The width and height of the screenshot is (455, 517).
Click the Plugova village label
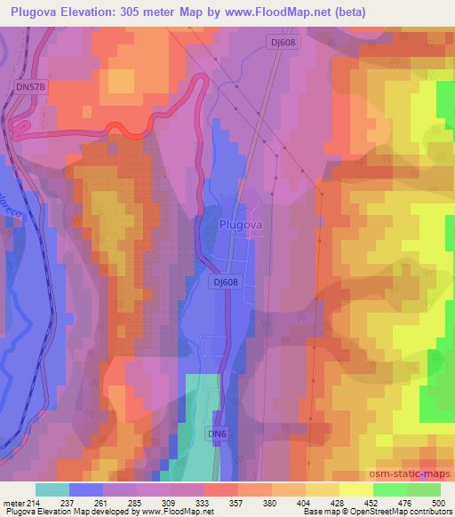(239, 225)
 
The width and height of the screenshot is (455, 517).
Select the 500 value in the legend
(438, 502)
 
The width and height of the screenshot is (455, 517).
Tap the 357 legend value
(237, 502)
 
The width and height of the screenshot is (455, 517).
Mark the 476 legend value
(405, 502)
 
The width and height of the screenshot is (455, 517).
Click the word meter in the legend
(12, 502)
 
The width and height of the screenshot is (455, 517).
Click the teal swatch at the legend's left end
(52, 489)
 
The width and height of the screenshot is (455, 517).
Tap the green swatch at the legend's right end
(423, 489)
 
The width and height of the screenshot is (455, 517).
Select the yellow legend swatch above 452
(355, 489)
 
